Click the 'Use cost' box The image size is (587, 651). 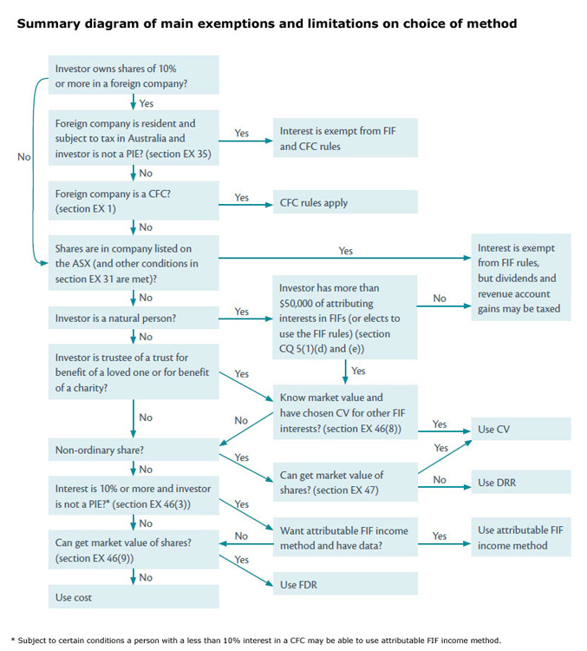(x=134, y=597)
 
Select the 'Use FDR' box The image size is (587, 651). (x=345, y=585)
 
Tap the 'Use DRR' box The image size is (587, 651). (x=521, y=483)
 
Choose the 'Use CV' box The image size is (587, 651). (x=521, y=429)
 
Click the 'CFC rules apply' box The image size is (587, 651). (x=345, y=202)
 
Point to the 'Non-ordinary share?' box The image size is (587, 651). (x=134, y=450)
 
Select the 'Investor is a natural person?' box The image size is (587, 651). (x=134, y=319)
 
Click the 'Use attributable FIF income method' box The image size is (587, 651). (x=521, y=537)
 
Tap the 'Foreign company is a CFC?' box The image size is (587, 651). (x=134, y=201)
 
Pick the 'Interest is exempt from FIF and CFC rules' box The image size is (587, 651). (x=345, y=139)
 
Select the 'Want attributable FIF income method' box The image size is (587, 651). (x=345, y=538)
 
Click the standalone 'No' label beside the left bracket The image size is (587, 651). (x=23, y=157)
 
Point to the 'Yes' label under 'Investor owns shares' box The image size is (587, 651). (x=147, y=104)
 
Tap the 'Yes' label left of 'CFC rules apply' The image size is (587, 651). (x=242, y=198)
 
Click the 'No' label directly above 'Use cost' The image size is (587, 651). (x=147, y=577)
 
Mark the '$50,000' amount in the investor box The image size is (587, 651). (x=299, y=303)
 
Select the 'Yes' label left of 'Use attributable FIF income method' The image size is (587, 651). (x=440, y=536)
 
